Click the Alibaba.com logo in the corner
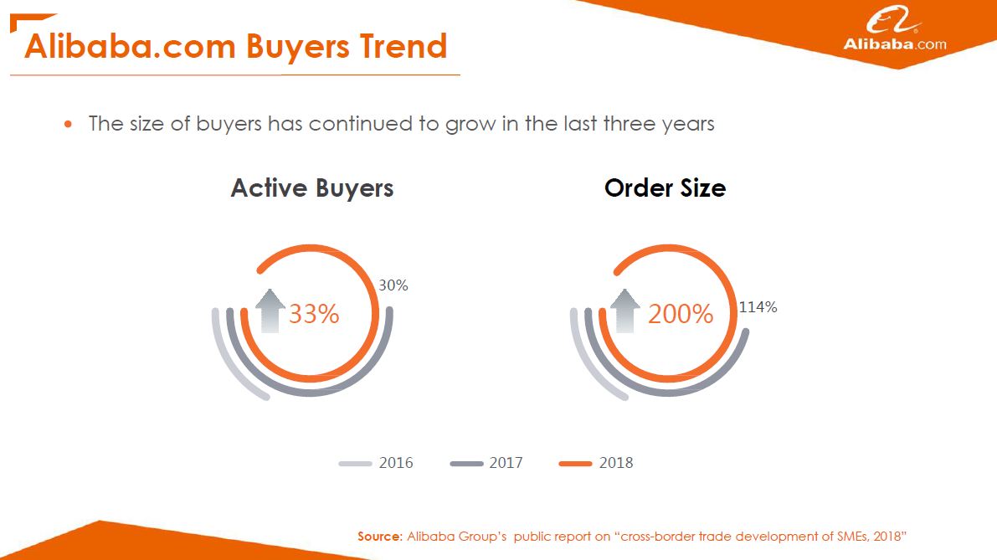[x=895, y=28]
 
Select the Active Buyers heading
[x=312, y=188]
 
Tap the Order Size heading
[x=666, y=188]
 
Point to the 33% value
[x=314, y=314]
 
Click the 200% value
[x=681, y=314]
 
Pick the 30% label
[x=393, y=285]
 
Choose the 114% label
[x=758, y=307]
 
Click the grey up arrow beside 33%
[x=270, y=311]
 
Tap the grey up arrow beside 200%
[x=625, y=311]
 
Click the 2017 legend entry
[x=486, y=463]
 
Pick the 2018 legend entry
[x=596, y=463]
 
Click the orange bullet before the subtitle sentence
[x=68, y=124]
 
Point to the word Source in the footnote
[x=379, y=537]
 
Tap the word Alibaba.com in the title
[x=130, y=46]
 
